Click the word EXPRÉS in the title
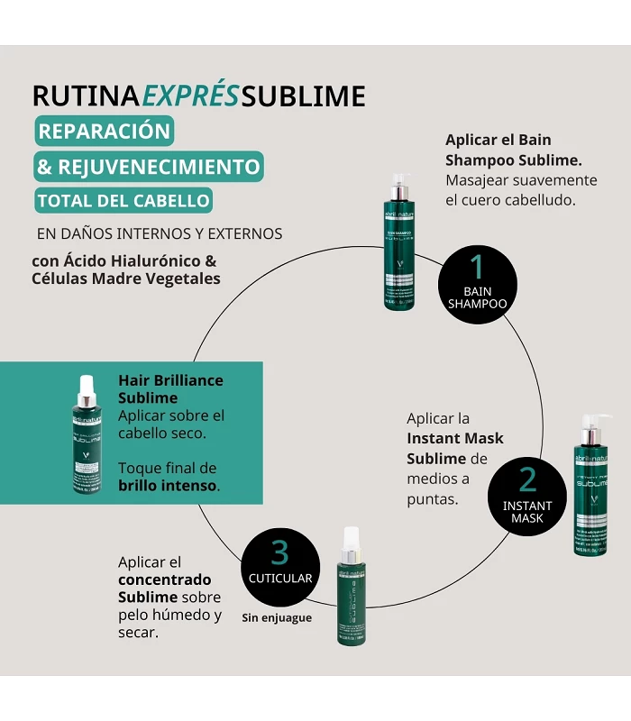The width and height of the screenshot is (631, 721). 191,96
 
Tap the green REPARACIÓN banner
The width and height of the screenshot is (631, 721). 104,131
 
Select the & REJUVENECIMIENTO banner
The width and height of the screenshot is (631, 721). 148,167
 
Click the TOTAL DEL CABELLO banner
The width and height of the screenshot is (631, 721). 123,201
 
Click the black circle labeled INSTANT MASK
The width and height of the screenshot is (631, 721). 527,495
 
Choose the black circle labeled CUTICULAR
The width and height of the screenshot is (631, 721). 279,566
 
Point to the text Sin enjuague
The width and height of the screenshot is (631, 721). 277,618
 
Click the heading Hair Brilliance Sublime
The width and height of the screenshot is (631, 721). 170,388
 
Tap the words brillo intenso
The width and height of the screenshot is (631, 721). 168,485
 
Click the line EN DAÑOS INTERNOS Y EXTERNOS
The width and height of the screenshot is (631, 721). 160,233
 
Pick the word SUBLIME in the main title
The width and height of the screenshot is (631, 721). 304,96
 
